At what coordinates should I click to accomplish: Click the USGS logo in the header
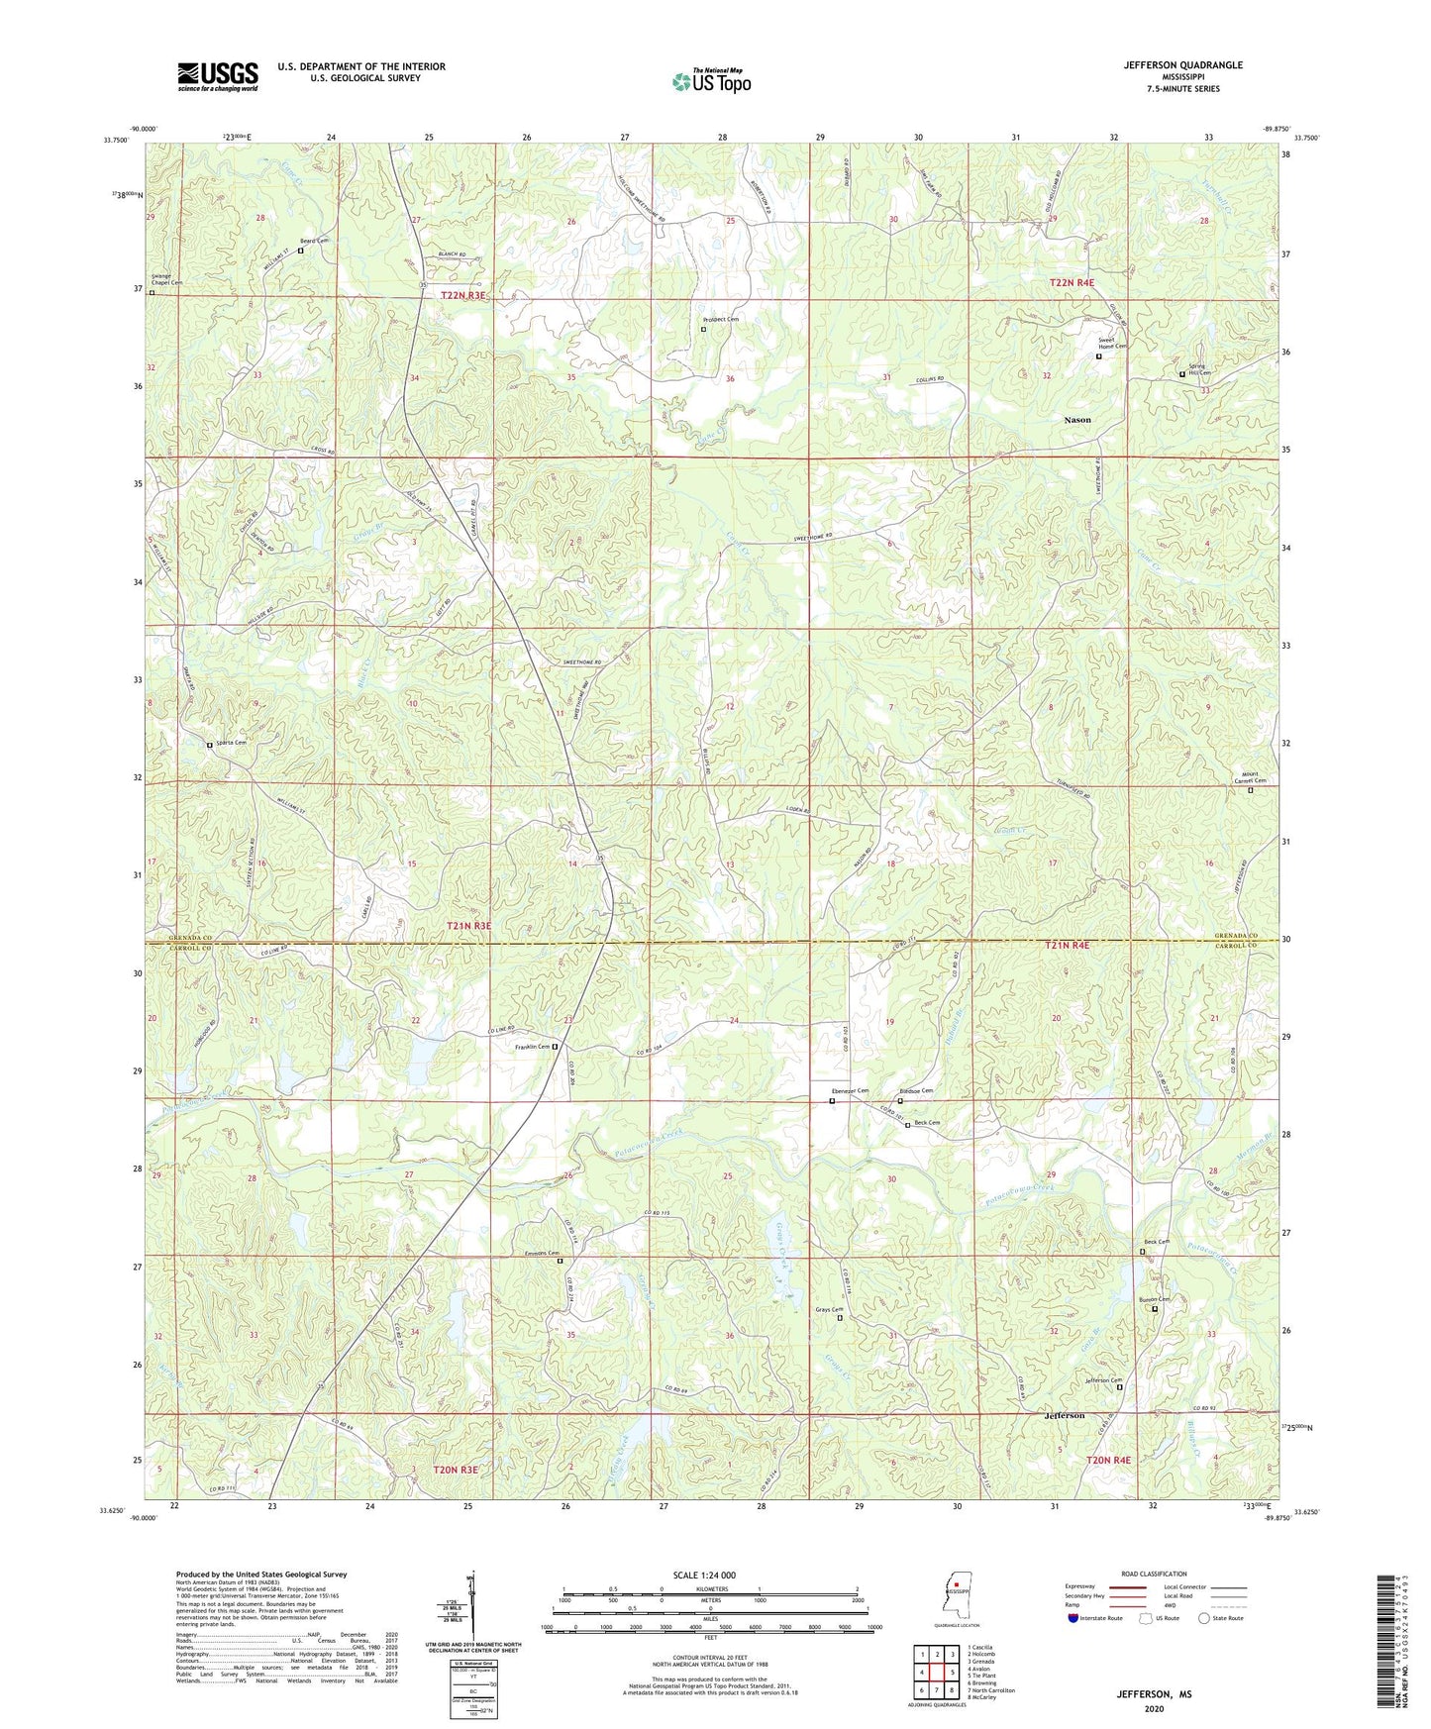(218, 76)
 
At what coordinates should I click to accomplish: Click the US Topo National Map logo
(711, 81)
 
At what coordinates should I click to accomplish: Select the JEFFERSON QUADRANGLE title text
(1182, 65)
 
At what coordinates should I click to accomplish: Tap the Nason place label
(1076, 420)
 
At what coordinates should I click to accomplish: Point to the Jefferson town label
(1064, 1415)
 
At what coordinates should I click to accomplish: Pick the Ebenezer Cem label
(849, 1091)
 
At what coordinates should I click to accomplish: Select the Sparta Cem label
(229, 743)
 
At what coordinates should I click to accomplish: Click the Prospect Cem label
(720, 320)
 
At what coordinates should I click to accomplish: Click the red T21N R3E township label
(463, 926)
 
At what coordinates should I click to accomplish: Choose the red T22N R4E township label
(1072, 283)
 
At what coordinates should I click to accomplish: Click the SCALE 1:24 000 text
(703, 1576)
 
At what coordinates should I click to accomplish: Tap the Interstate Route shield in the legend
(1073, 1618)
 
